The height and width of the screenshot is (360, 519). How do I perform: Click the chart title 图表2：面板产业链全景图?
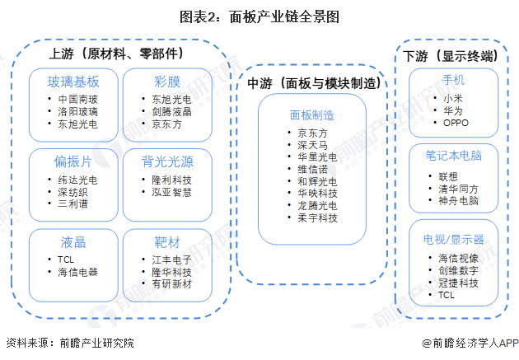click(259, 16)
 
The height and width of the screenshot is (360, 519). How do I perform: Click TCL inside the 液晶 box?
click(67, 259)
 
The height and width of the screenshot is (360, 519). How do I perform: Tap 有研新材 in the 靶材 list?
click(171, 284)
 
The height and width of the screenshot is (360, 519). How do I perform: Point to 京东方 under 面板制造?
click(311, 132)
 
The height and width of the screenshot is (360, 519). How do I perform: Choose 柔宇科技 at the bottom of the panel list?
click(316, 217)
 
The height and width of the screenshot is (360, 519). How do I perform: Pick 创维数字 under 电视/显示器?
click(458, 270)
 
